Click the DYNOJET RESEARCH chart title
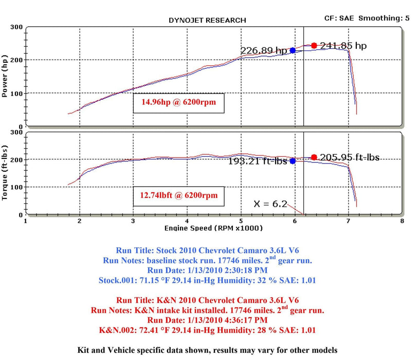click(207, 21)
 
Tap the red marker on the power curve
click(314, 46)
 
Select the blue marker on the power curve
click(293, 50)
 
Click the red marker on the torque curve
click(314, 157)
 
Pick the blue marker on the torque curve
click(293, 161)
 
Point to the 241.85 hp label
click(343, 46)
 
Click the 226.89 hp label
click(264, 50)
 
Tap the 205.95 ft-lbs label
click(350, 157)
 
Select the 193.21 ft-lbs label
click(258, 161)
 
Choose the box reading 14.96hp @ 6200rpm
click(179, 102)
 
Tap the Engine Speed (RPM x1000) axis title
click(213, 228)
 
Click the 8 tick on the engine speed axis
click(402, 221)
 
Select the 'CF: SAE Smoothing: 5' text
click(367, 18)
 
